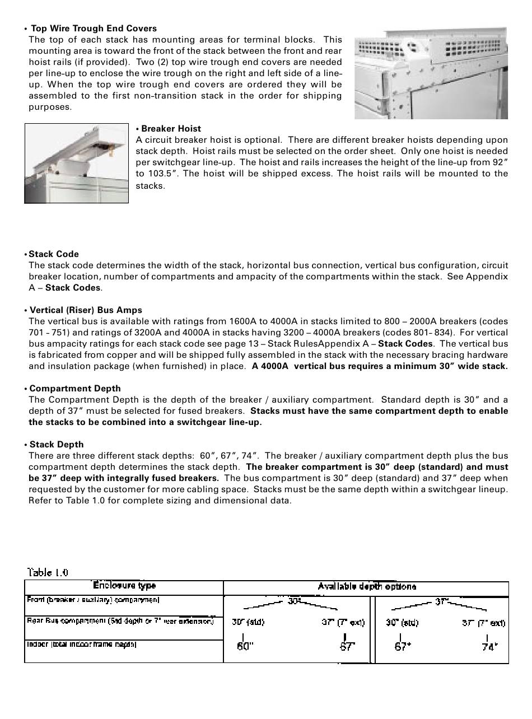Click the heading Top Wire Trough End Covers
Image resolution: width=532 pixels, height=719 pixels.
[94, 29]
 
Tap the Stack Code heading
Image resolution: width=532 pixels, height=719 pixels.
[54, 254]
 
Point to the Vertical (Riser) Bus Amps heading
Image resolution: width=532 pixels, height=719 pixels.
[86, 310]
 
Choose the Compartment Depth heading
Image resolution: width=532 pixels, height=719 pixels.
[75, 389]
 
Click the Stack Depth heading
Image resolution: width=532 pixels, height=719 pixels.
[57, 445]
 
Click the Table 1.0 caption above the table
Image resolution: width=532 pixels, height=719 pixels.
[48, 572]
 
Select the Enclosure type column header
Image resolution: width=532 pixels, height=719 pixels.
[124, 586]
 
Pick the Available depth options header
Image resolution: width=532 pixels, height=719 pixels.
[367, 586]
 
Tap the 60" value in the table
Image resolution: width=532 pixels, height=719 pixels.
[245, 646]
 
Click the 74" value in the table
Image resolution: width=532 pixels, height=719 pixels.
[489, 646]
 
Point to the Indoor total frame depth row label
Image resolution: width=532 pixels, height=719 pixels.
[82, 645]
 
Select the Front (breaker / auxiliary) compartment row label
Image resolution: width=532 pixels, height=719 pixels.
[93, 600]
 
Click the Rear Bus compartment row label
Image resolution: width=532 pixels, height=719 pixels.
[120, 621]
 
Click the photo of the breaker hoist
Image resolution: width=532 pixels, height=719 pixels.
[76, 163]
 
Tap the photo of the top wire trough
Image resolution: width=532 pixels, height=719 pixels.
[431, 73]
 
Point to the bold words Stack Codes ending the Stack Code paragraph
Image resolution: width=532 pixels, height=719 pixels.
[73, 288]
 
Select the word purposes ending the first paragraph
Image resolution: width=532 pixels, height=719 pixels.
[50, 107]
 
